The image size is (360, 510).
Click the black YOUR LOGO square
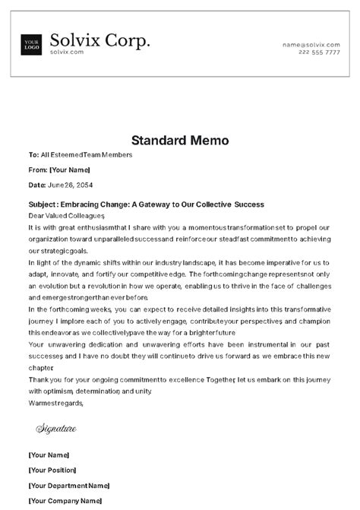point(31,44)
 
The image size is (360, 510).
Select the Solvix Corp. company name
point(99,40)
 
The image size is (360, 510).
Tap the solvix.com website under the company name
point(67,52)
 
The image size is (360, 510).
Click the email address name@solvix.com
point(311,45)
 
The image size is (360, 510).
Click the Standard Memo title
point(179,140)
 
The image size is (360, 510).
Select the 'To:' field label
point(33,155)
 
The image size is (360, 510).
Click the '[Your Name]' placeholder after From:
point(70,169)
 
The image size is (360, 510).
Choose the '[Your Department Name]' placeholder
point(69,484)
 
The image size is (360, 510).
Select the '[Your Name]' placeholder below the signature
point(49,455)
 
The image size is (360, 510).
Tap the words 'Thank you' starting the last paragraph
point(44,379)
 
